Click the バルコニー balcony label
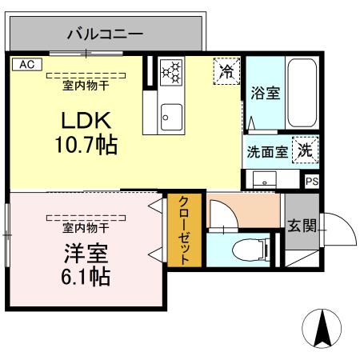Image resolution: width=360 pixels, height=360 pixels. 104,34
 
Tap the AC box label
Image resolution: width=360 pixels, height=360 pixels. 26,64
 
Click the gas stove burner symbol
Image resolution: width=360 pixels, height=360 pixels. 171,72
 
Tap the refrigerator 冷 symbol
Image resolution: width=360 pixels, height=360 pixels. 227,71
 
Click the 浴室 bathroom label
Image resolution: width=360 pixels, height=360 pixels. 265,93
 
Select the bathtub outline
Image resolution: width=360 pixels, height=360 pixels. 302,93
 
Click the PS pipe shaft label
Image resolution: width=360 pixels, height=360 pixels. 312,181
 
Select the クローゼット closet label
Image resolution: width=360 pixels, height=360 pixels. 184,230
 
